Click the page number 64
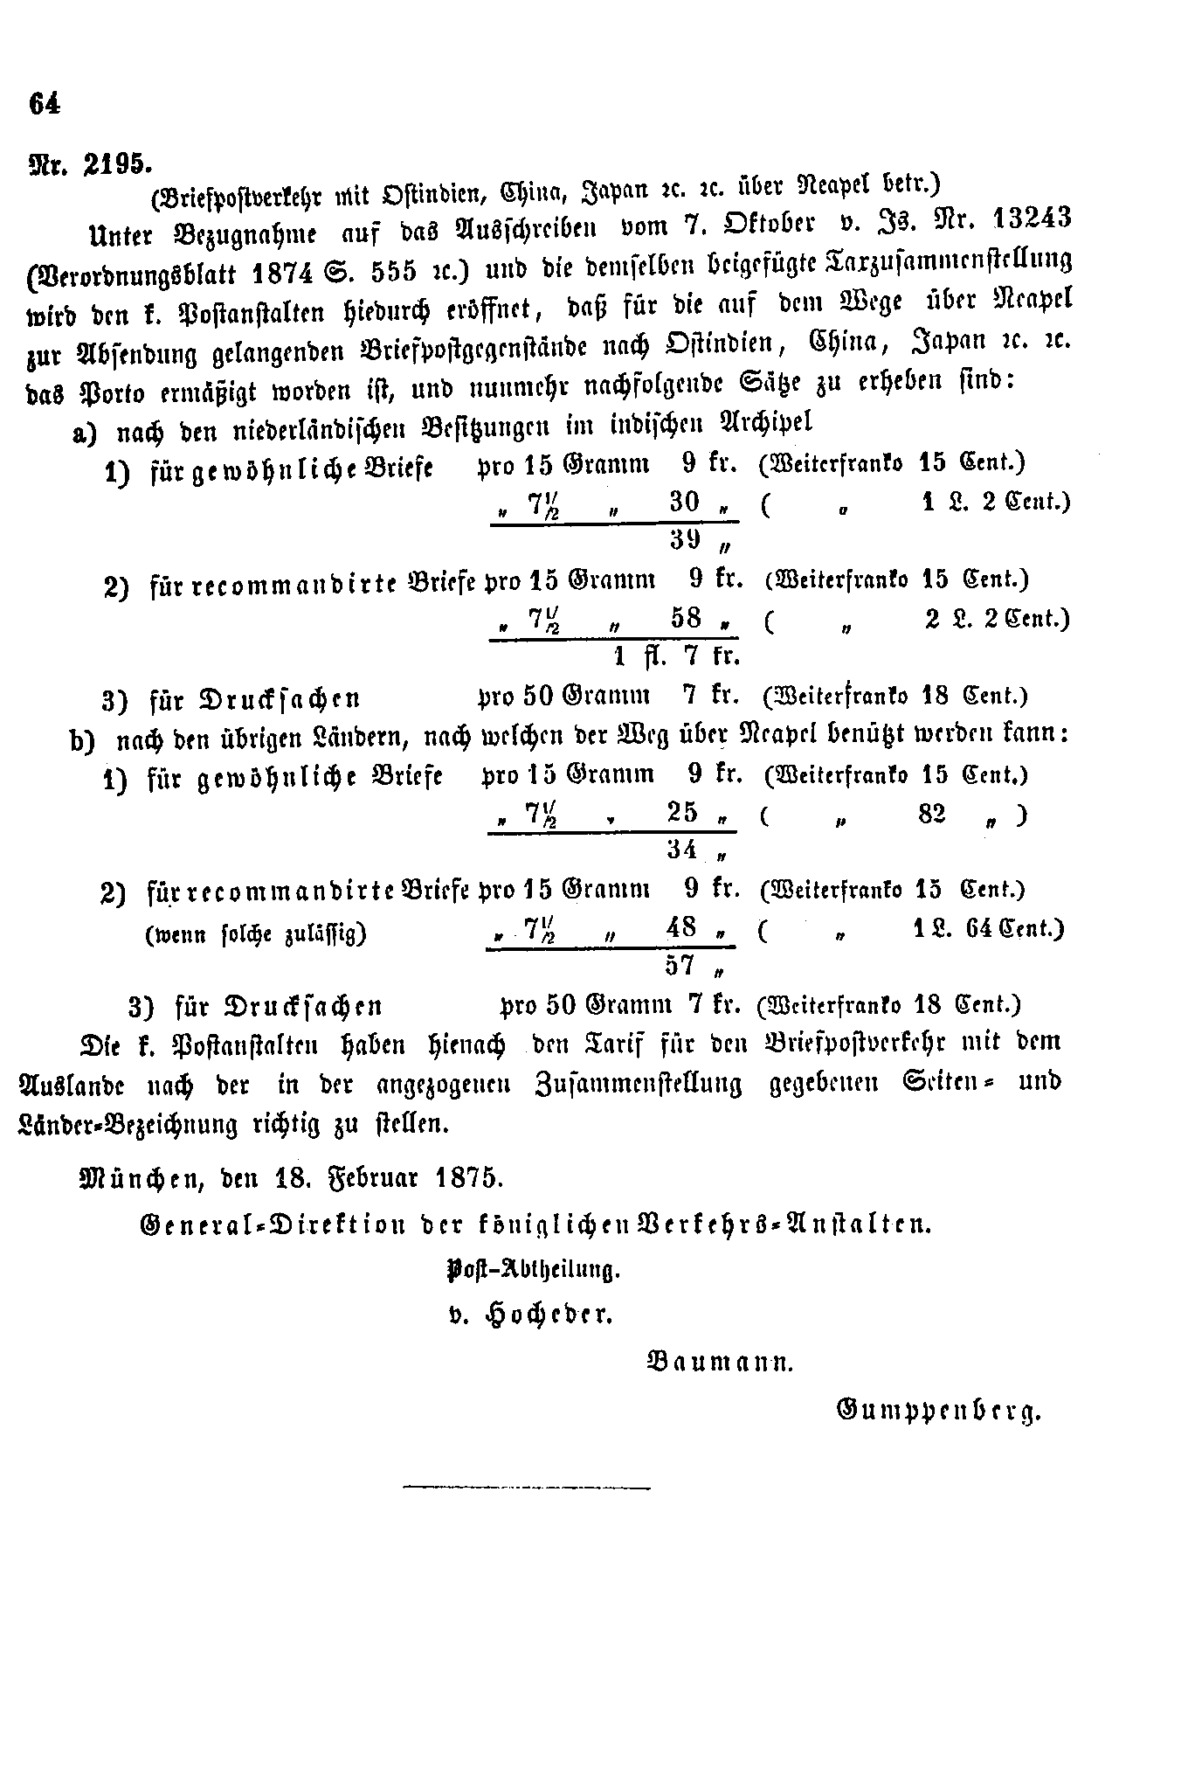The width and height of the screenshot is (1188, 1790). (45, 103)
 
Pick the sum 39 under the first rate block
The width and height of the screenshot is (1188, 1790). (687, 540)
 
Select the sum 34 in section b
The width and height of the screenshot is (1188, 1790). (681, 849)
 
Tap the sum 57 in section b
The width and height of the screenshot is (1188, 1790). (680, 966)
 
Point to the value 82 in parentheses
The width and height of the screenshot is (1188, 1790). (932, 814)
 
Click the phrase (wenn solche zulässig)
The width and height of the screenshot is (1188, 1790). (255, 934)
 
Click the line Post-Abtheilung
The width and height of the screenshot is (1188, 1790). (533, 1269)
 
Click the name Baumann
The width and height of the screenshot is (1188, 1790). (718, 1361)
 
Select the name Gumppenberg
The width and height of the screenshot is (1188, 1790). (939, 1409)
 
